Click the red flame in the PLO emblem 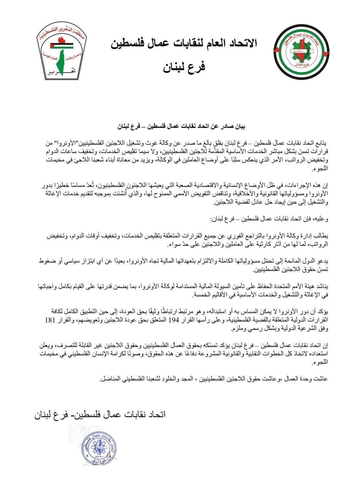[x=61, y=41]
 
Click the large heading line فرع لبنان [x=184, y=67]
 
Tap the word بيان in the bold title [x=240, y=127]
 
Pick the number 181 [x=51, y=320]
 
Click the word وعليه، [x=321, y=220]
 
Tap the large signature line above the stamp [x=100, y=414]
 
